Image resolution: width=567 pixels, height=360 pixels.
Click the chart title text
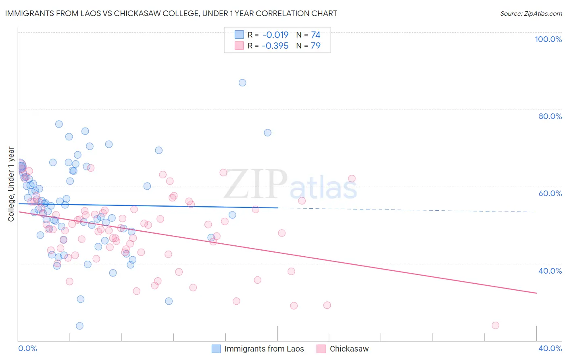pyautogui.click(x=171, y=13)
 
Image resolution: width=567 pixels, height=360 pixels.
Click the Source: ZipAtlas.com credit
pyautogui.click(x=531, y=13)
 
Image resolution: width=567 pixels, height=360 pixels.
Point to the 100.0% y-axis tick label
pyautogui.click(x=548, y=39)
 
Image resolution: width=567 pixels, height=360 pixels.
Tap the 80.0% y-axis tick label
pyautogui.click(x=550, y=116)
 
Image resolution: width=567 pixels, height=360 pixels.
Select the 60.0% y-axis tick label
pyautogui.click(x=550, y=193)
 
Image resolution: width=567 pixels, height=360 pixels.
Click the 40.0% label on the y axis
pyautogui.click(x=550, y=270)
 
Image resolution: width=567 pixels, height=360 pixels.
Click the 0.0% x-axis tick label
pyautogui.click(x=27, y=348)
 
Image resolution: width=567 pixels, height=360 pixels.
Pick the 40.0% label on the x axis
pyautogui.click(x=550, y=348)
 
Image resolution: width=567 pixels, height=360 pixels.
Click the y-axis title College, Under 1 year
pyautogui.click(x=11, y=184)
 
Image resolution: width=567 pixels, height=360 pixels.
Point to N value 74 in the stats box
pyautogui.click(x=315, y=35)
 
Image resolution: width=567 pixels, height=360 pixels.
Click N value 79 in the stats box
pyautogui.click(x=315, y=46)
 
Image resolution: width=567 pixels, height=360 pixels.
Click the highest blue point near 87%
pyautogui.click(x=242, y=83)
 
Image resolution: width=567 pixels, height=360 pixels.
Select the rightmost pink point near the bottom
pyautogui.click(x=496, y=325)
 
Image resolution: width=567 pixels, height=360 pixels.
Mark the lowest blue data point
pyautogui.click(x=79, y=326)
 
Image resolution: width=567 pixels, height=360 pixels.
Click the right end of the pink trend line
pyautogui.click(x=536, y=293)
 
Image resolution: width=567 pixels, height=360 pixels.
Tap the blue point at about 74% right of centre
pyautogui.click(x=267, y=133)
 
